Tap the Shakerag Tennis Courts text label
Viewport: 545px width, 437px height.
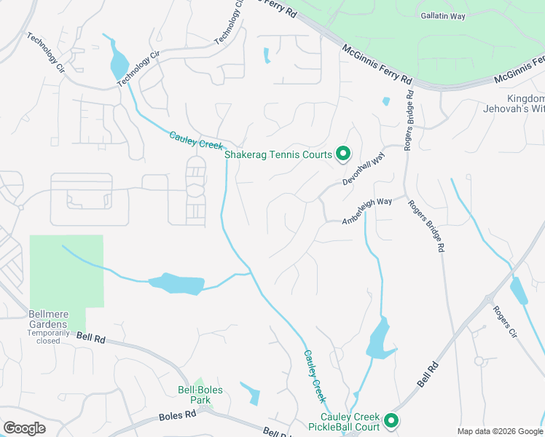(x=278, y=154)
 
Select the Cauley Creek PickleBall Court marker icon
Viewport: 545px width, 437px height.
(x=391, y=420)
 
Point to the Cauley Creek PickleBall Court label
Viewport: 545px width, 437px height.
(x=344, y=422)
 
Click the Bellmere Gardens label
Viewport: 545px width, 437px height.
(x=48, y=319)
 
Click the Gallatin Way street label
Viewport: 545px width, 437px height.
(x=443, y=15)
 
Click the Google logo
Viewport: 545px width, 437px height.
(x=24, y=428)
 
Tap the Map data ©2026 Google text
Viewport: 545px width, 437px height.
(x=500, y=431)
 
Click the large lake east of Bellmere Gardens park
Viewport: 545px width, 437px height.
(x=175, y=283)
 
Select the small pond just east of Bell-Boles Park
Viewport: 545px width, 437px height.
(x=251, y=393)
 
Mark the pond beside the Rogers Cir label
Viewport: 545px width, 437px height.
(x=519, y=291)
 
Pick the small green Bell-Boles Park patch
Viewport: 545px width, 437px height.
(x=198, y=382)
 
